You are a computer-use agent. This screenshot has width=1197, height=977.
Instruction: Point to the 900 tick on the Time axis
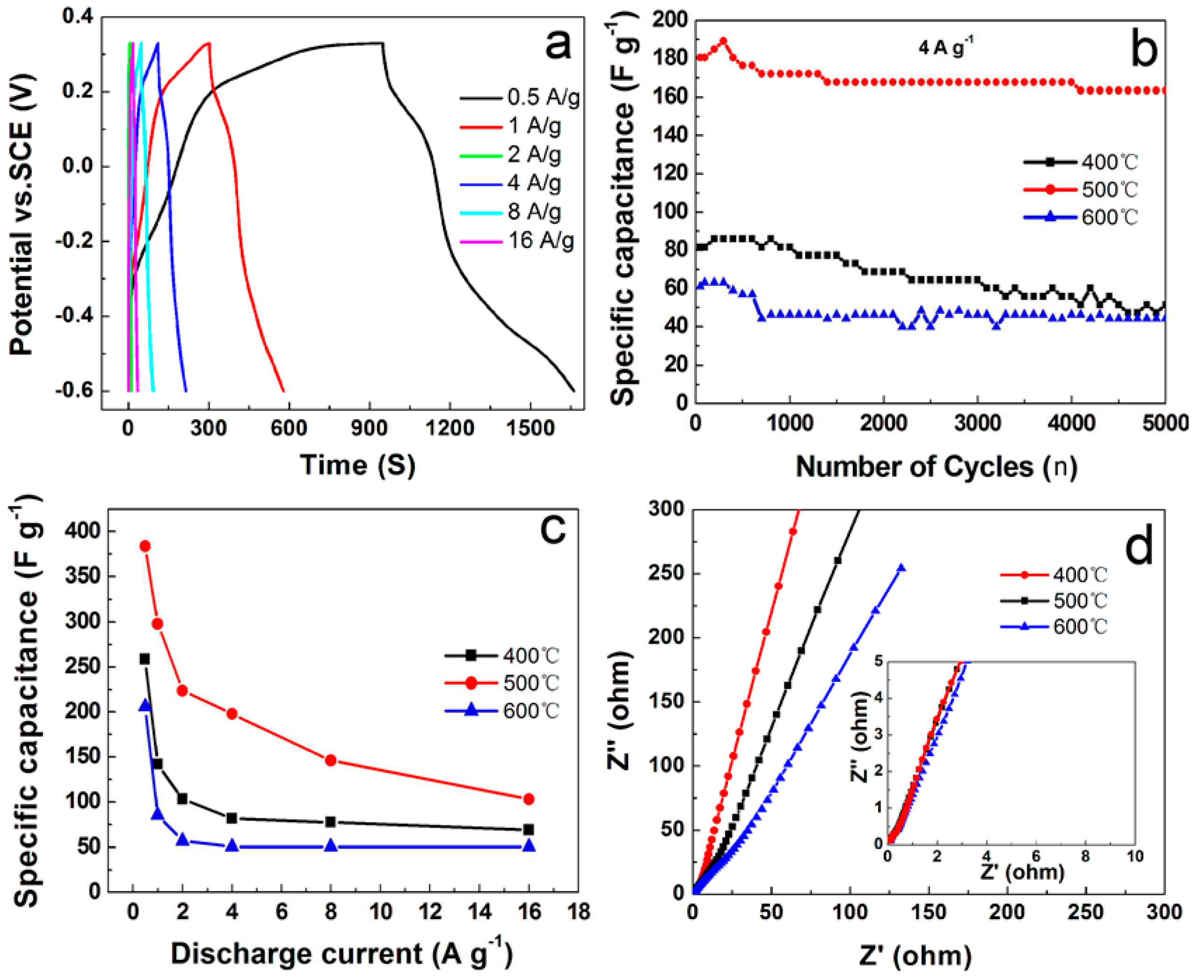(x=369, y=429)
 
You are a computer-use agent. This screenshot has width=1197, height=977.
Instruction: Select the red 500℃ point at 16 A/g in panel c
(x=528, y=799)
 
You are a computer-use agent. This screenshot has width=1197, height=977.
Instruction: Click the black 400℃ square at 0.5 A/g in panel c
(x=145, y=658)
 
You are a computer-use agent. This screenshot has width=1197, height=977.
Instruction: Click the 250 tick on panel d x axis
(x=1085, y=912)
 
